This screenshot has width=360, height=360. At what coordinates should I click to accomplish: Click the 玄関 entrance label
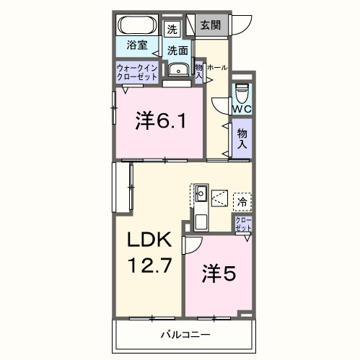pyautogui.click(x=210, y=25)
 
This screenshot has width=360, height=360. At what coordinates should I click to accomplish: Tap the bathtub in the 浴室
pyautogui.click(x=138, y=25)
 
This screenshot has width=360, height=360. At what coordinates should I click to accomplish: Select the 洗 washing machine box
pyautogui.click(x=172, y=30)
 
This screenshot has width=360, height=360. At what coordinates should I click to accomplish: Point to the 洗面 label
pyautogui.click(x=178, y=51)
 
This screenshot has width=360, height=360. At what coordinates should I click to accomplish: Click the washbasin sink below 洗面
pyautogui.click(x=178, y=70)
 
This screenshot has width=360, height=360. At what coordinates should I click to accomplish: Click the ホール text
pyautogui.click(x=217, y=67)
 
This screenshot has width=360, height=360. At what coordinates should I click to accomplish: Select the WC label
pyautogui.click(x=241, y=109)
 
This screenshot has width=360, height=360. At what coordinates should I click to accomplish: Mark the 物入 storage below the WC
pyautogui.click(x=242, y=138)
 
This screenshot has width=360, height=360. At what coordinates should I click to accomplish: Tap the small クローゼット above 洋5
pyautogui.click(x=242, y=224)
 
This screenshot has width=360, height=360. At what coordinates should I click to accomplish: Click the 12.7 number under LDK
pyautogui.click(x=150, y=265)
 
